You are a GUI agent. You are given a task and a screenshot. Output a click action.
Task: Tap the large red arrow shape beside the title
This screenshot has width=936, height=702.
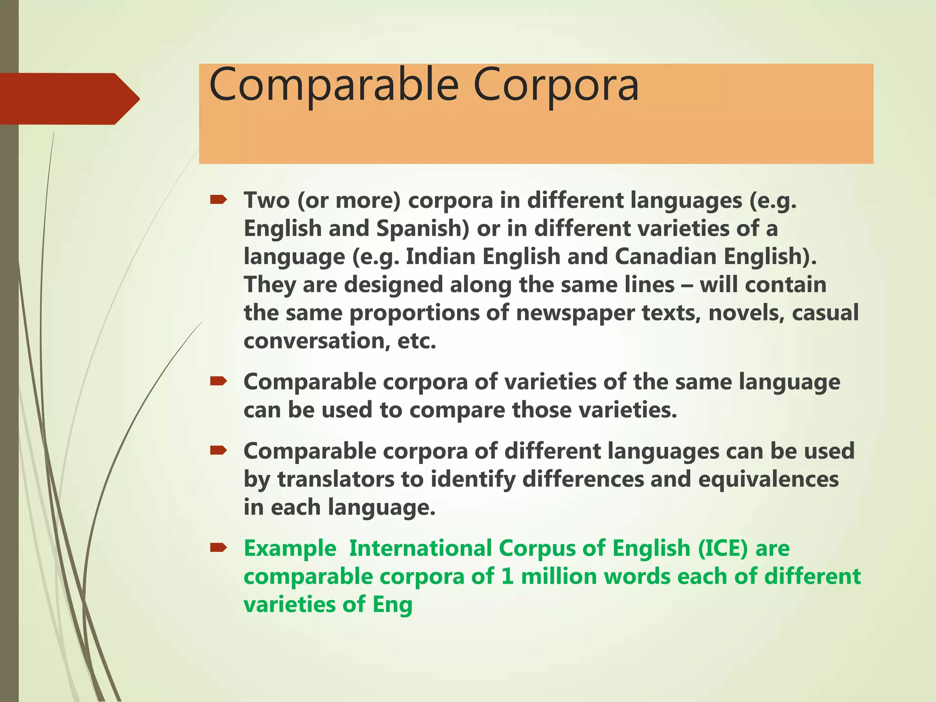pyautogui.click(x=69, y=99)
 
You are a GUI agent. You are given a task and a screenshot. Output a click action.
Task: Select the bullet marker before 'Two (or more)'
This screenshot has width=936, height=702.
pyautogui.click(x=218, y=200)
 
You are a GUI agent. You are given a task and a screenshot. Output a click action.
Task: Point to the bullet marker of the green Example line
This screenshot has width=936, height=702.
pyautogui.click(x=218, y=548)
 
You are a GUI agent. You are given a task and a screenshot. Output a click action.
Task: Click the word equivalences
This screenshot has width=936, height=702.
pyautogui.click(x=768, y=479)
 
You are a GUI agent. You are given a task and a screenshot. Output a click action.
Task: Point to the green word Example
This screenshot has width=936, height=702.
pyautogui.click(x=290, y=548)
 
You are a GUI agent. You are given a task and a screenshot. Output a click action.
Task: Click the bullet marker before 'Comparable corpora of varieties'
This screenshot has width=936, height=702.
pyautogui.click(x=218, y=381)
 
